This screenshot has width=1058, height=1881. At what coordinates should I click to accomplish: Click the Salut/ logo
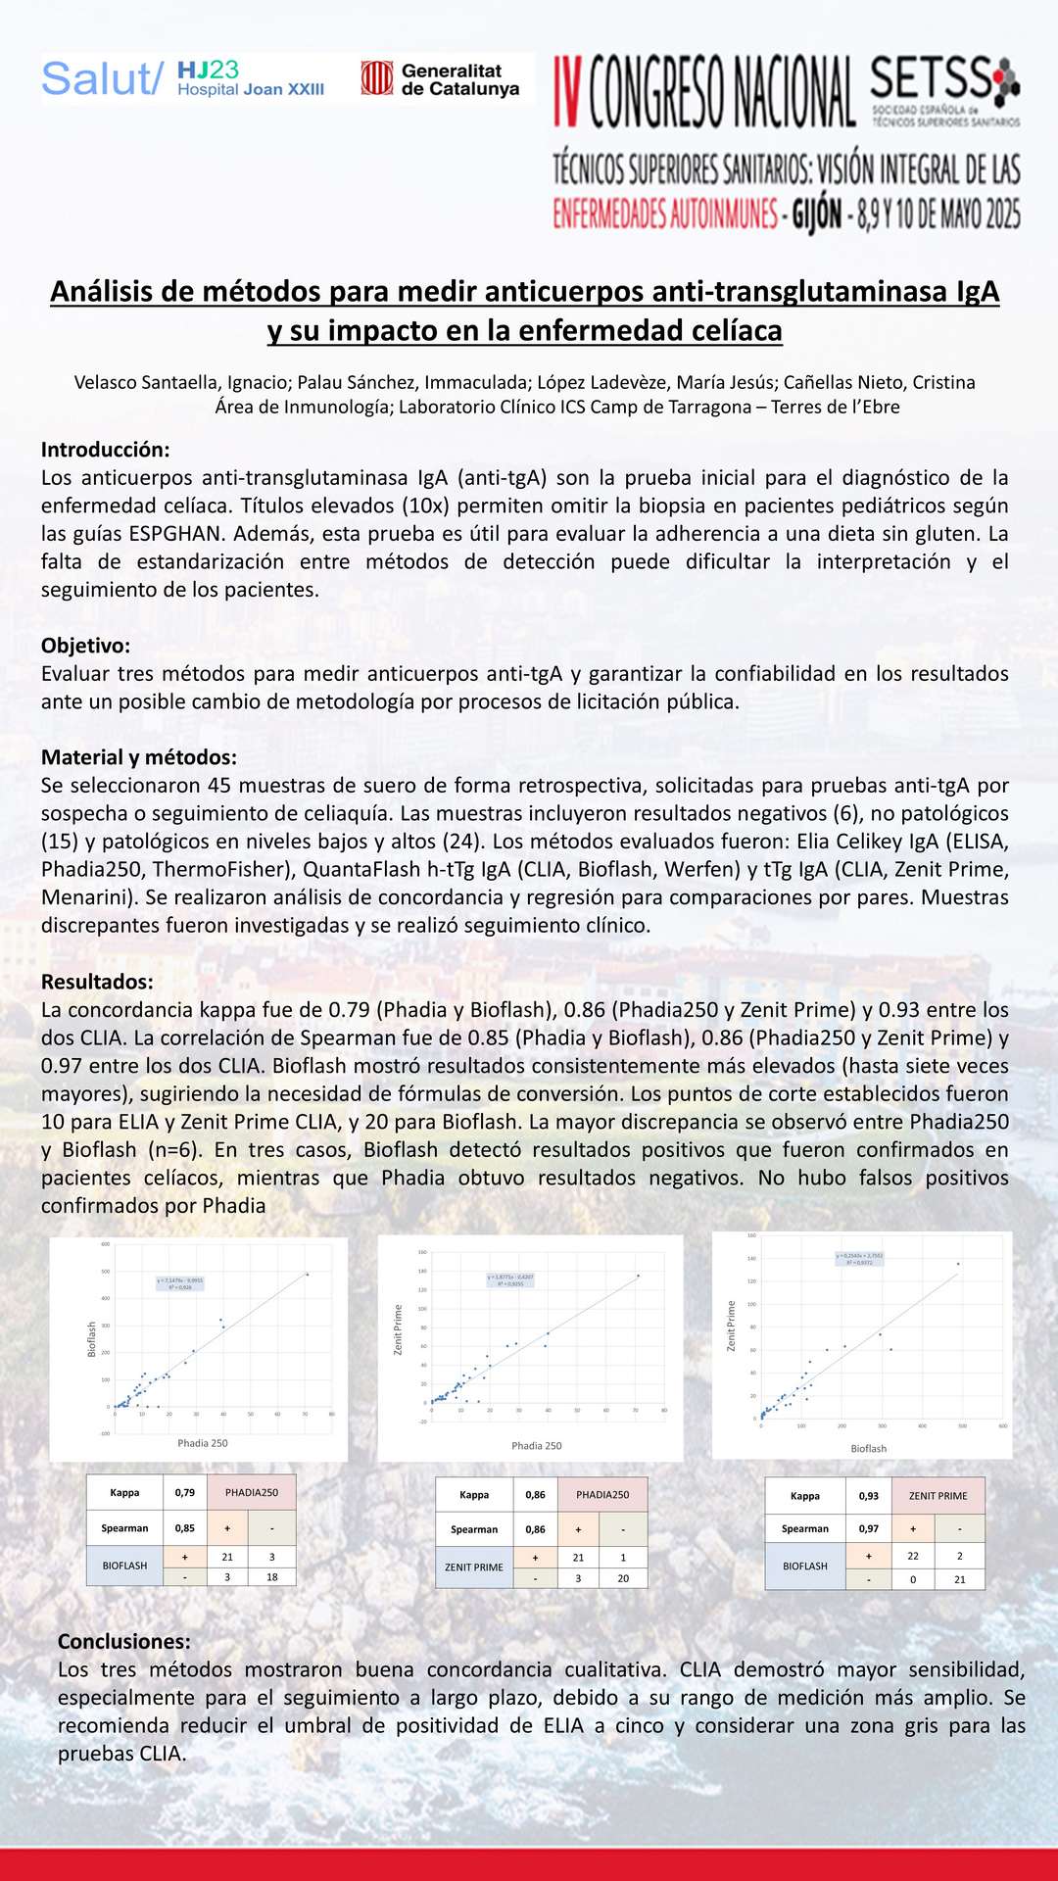click(101, 79)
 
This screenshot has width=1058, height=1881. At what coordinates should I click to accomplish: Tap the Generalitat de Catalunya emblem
click(376, 78)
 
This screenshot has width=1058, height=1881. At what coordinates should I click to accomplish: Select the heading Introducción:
click(105, 450)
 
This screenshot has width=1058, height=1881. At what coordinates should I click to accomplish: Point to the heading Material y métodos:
click(138, 757)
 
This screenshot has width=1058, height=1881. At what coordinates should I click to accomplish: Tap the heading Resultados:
click(97, 982)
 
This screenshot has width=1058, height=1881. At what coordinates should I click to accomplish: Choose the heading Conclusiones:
click(123, 1641)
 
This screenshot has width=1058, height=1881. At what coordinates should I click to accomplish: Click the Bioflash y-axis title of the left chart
click(92, 1339)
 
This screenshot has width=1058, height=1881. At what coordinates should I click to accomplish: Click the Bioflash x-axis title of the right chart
click(868, 1448)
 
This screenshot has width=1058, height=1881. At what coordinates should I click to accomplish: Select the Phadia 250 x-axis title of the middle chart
click(536, 1445)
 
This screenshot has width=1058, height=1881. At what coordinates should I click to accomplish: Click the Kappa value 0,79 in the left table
click(184, 1492)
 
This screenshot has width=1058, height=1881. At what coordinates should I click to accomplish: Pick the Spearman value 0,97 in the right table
click(868, 1528)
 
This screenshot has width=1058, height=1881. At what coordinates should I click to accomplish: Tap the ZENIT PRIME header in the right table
click(938, 1496)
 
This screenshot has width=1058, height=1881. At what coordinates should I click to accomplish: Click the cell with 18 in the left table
click(271, 1577)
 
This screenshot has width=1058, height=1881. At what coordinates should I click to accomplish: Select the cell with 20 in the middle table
click(622, 1578)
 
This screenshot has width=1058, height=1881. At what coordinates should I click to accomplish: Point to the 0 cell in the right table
click(912, 1579)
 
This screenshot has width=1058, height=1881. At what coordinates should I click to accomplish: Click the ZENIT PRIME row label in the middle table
click(474, 1567)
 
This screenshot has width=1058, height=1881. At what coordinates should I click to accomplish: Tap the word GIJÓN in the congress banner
click(816, 213)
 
